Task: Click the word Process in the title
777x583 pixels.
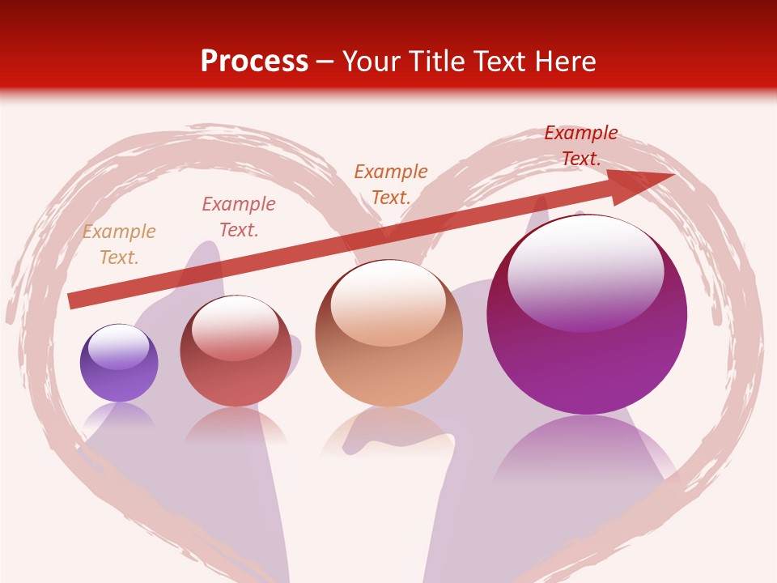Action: pyautogui.click(x=254, y=62)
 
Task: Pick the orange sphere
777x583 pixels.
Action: pyautogui.click(x=388, y=348)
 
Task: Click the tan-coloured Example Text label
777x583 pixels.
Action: pyautogui.click(x=119, y=245)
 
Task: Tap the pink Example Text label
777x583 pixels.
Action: pyautogui.click(x=239, y=217)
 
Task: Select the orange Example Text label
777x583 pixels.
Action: pyautogui.click(x=391, y=184)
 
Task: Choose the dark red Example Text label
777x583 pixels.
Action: pyautogui.click(x=580, y=146)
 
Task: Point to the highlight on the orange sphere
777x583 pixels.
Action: pyautogui.click(x=388, y=300)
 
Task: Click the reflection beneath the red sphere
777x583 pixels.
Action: pyautogui.click(x=236, y=424)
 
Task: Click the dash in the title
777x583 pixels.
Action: pyautogui.click(x=325, y=62)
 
